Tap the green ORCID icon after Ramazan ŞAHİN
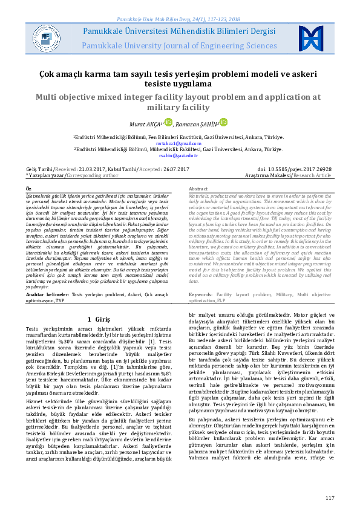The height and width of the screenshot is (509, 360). [223, 123]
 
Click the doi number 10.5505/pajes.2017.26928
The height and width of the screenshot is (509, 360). [299, 169]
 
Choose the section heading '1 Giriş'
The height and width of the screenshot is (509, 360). [98, 319]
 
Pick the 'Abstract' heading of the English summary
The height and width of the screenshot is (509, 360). [198, 189]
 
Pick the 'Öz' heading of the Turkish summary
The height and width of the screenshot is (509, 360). [28, 189]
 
